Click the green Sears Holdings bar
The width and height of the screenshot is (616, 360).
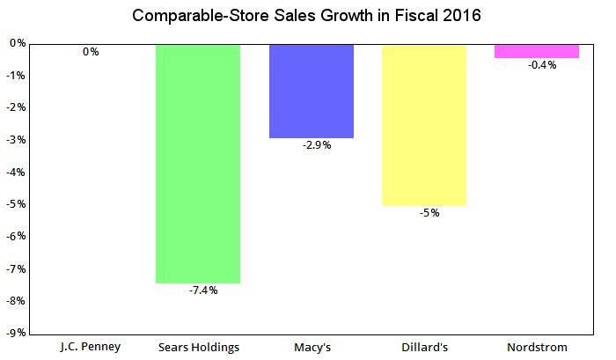click(197, 163)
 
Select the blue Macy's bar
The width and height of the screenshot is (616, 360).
click(311, 91)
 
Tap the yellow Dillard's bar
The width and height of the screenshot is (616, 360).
click(424, 124)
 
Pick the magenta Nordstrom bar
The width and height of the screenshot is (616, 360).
click(537, 51)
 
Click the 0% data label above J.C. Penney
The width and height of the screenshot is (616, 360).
click(91, 52)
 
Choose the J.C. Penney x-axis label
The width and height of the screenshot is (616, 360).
click(90, 347)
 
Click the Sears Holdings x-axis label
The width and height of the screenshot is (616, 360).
click(198, 347)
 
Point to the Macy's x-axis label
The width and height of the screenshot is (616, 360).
click(311, 347)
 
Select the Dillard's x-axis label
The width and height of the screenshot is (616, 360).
click(423, 347)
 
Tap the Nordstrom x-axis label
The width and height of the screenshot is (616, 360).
click(537, 347)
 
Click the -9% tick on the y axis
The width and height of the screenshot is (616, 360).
click(16, 333)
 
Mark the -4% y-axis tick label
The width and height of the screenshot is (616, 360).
click(16, 172)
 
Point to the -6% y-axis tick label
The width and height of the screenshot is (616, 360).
click(16, 236)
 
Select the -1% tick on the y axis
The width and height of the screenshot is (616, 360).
click(16, 75)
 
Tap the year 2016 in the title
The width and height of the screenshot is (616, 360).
click(461, 16)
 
